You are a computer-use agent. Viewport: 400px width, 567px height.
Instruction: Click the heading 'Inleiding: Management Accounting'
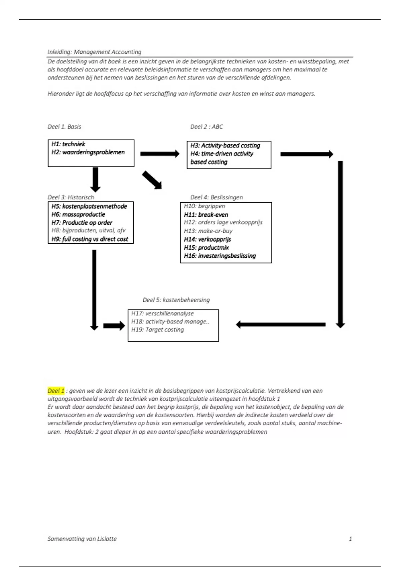(x=94, y=52)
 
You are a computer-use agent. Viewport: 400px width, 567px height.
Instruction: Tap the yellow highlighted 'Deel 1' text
(x=56, y=391)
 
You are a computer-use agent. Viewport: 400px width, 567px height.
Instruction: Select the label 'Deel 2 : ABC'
(x=206, y=127)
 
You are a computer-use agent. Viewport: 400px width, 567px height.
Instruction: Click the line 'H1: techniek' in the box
(x=68, y=144)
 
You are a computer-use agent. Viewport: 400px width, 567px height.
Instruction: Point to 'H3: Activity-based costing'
(x=225, y=145)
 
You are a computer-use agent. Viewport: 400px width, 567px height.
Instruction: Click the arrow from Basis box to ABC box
(x=160, y=154)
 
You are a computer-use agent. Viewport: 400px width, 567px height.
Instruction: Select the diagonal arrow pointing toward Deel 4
(x=152, y=180)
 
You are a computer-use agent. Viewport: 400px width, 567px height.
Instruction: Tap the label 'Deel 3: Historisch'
(x=71, y=197)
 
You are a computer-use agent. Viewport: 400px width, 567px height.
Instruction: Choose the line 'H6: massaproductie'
(x=78, y=214)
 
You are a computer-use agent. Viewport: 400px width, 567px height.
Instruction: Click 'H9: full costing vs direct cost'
(x=90, y=239)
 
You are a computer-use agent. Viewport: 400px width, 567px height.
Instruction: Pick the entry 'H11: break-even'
(x=206, y=215)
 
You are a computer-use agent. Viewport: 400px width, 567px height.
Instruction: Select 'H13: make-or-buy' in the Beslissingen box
(x=208, y=231)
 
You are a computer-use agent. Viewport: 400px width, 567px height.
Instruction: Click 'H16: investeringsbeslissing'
(x=220, y=256)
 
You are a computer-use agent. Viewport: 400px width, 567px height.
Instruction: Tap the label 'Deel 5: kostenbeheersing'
(x=176, y=300)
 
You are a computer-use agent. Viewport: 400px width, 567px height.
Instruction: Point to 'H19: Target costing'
(x=157, y=329)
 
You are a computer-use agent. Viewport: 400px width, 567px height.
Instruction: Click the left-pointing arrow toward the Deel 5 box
(x=281, y=324)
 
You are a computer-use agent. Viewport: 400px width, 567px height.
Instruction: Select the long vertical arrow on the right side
(x=340, y=243)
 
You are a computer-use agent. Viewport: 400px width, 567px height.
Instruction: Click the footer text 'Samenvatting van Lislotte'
(x=82, y=539)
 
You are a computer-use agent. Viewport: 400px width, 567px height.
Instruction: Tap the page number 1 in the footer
(x=350, y=539)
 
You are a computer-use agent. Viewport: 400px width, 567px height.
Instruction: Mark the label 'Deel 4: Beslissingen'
(x=216, y=197)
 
